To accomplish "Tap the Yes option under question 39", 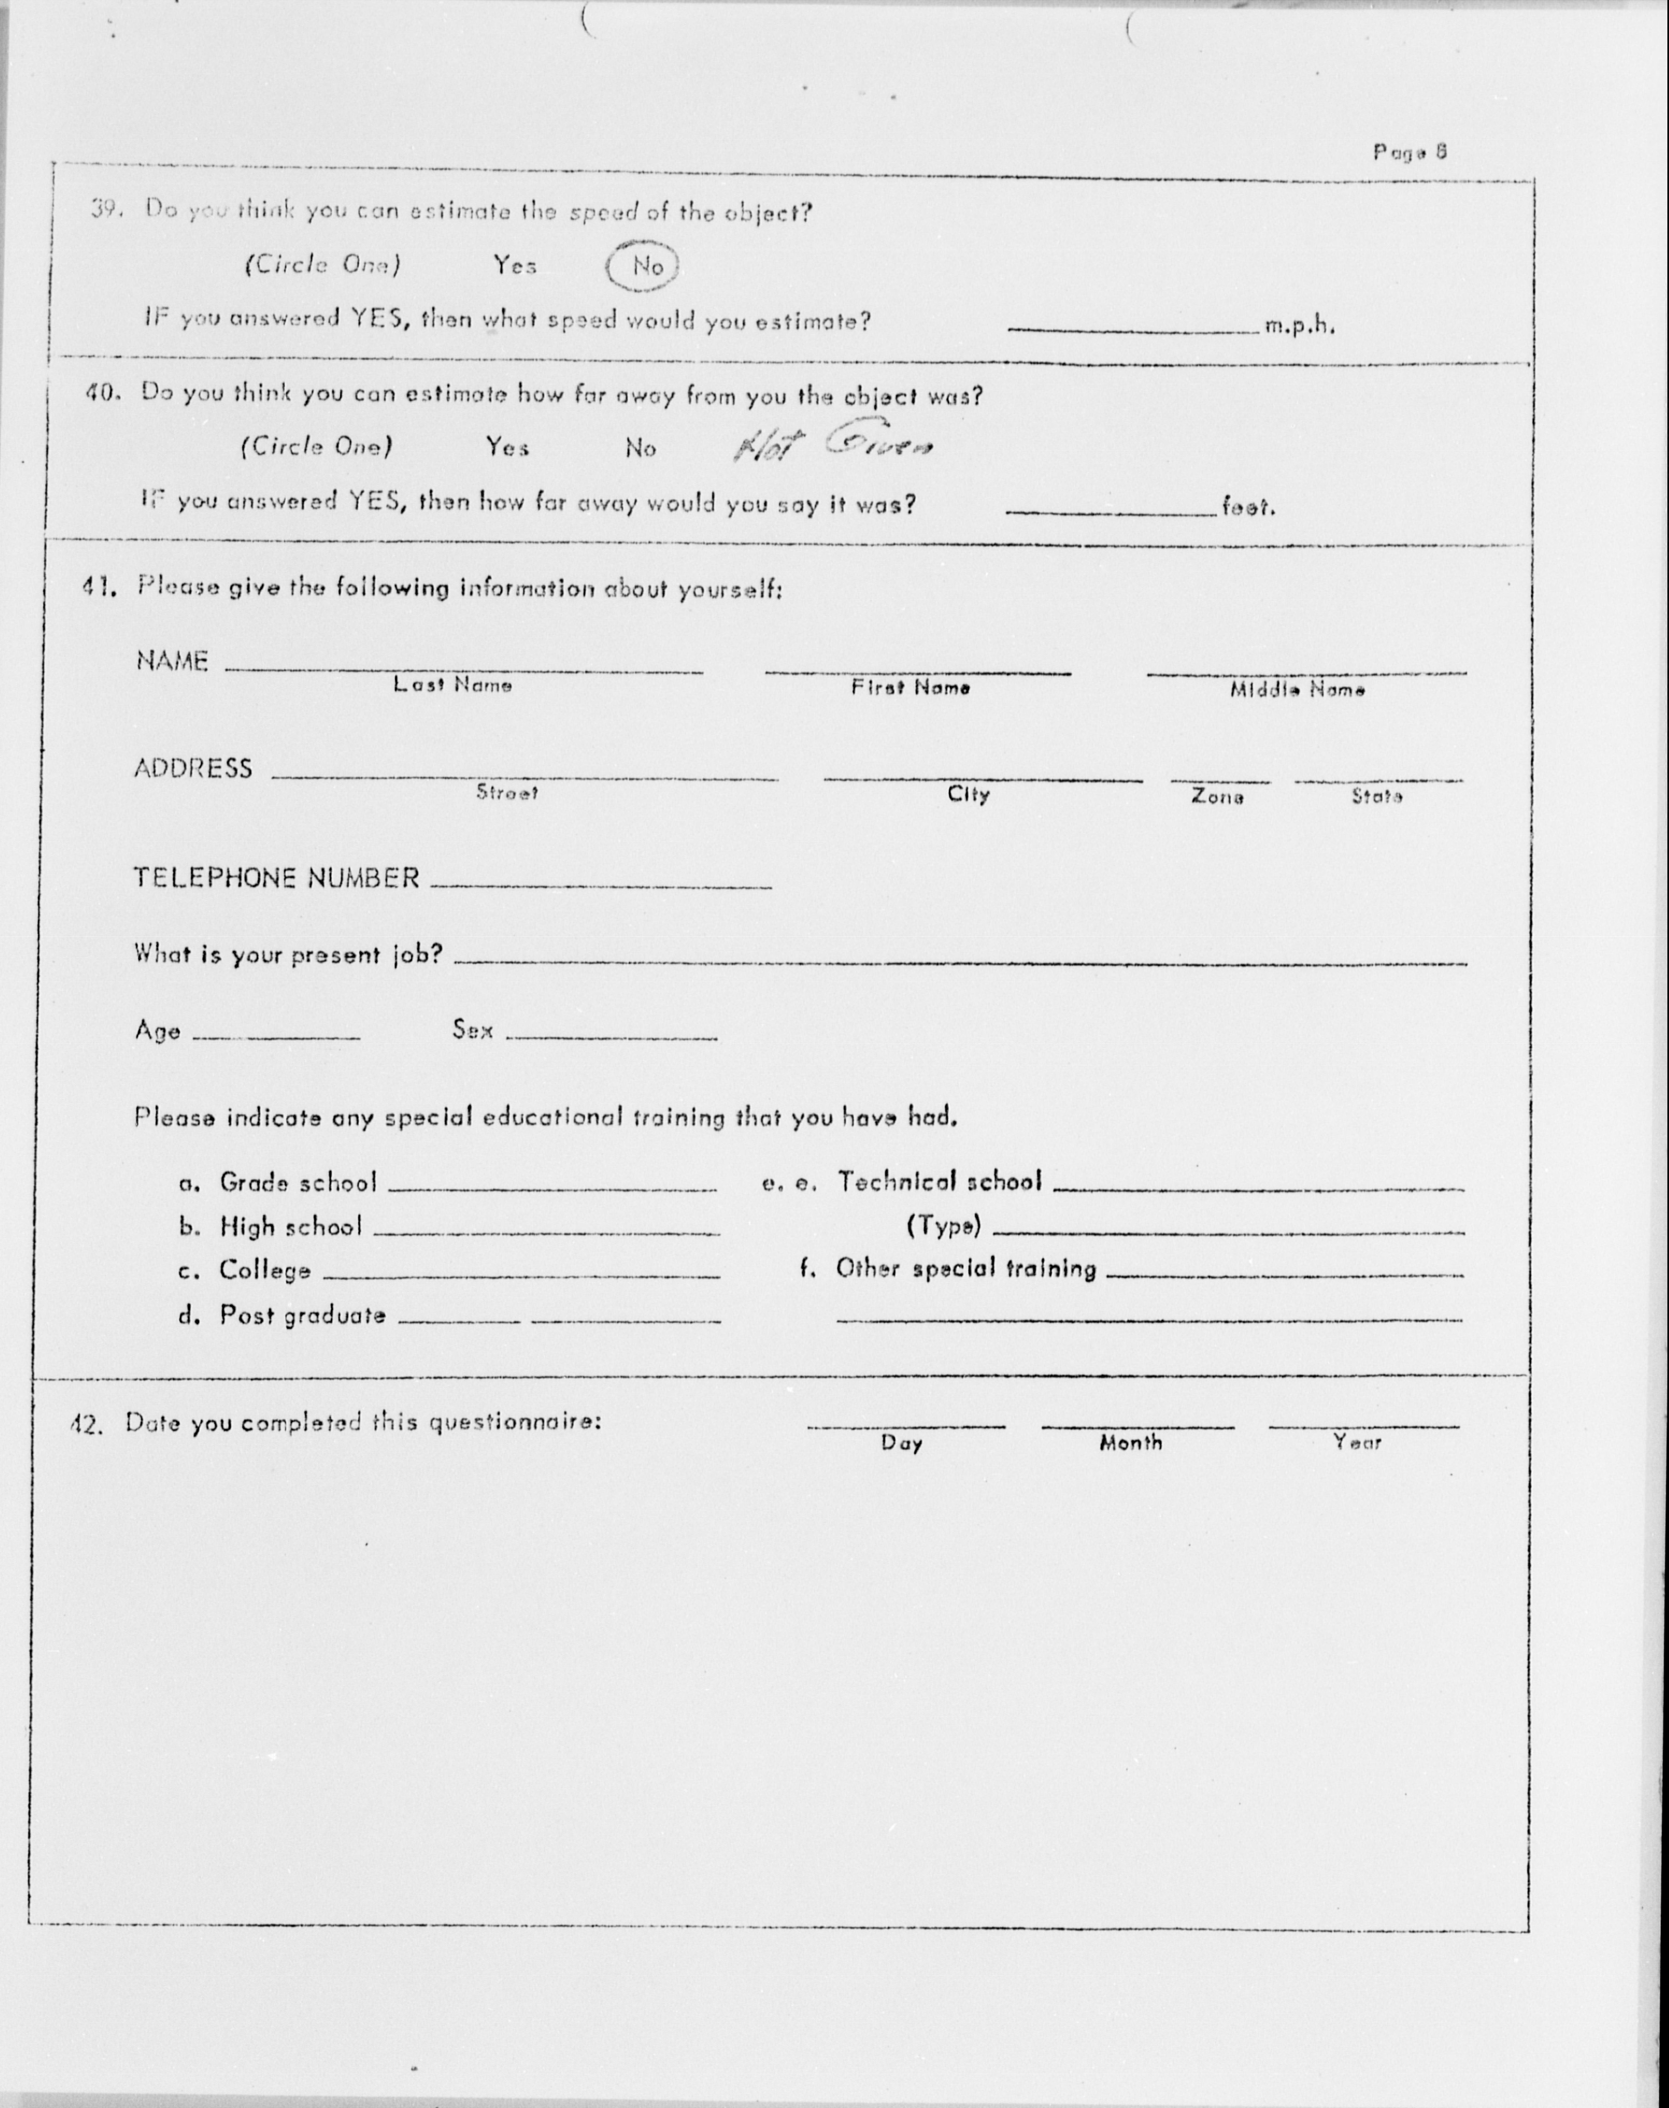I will tap(514, 265).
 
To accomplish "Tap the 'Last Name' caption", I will tap(452, 685).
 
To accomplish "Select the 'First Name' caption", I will tap(910, 687).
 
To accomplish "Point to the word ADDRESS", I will tap(192, 768).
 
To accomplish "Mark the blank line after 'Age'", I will tap(276, 1035).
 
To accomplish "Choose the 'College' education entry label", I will tap(264, 1270).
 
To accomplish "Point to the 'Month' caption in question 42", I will tap(1131, 1443).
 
